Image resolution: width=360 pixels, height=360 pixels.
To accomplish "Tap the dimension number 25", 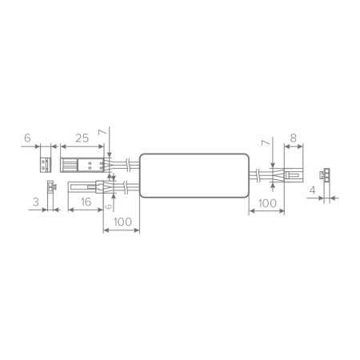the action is pos(82,138).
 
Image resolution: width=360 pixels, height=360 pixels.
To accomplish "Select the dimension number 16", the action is pos(86,202).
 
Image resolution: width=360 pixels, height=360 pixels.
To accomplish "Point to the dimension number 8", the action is pos(293,138).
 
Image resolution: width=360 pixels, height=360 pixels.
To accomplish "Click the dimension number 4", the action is pos(313,190).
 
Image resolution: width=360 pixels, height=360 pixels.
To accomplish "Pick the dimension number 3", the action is pos(36,202).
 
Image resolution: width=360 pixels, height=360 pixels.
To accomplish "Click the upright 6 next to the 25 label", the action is pos(27,138).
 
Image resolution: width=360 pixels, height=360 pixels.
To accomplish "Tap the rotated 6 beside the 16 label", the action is pos(108,206).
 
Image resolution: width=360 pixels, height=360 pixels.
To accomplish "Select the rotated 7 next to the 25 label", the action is pos(102,132).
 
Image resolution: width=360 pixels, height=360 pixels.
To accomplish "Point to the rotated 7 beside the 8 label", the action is pos(266,143).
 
